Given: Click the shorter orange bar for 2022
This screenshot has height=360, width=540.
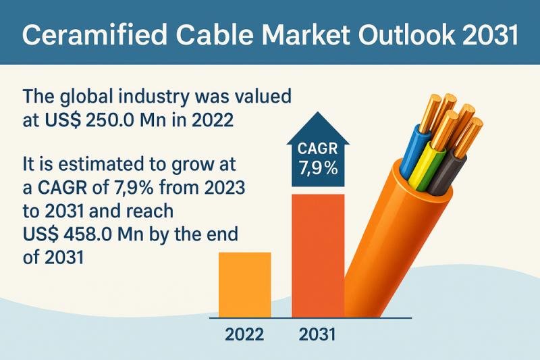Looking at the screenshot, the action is coord(245,285).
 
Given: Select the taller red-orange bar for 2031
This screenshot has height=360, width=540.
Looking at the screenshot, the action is coord(318,256).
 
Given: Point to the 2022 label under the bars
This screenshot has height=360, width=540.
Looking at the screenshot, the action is coord(244,334).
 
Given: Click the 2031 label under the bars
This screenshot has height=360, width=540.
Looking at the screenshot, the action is coord(317,334).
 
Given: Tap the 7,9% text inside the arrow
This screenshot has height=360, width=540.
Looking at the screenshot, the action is coord(318,169).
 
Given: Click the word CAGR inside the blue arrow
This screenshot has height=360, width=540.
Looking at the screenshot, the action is coord(317,149).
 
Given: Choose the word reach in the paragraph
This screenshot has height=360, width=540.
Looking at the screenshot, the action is coord(150,211).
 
